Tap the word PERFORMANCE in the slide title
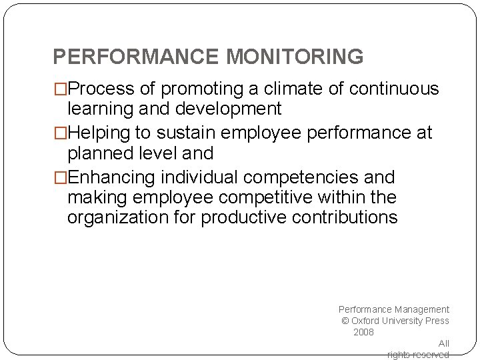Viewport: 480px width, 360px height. (137, 57)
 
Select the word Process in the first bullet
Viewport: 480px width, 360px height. (101, 89)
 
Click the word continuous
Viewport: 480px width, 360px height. (394, 89)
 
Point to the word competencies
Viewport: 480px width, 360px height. (303, 178)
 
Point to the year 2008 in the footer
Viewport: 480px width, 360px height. (363, 332)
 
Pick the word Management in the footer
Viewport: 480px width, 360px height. (421, 309)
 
